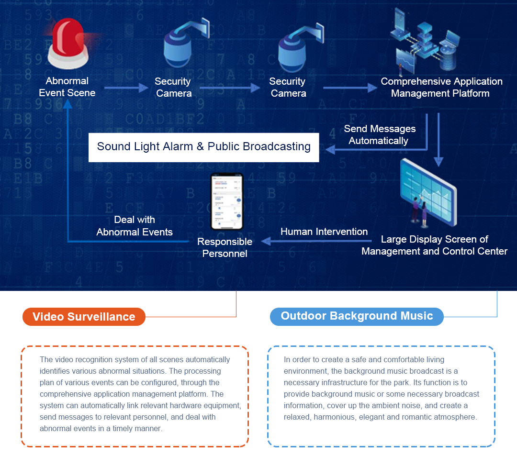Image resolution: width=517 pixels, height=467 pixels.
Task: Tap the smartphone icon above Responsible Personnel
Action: tap(227, 202)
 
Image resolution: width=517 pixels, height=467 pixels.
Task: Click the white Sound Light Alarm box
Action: tap(203, 147)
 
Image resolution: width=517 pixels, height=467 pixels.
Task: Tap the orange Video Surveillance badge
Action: tap(84, 317)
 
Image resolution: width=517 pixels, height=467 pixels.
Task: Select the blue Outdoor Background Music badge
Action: tap(357, 316)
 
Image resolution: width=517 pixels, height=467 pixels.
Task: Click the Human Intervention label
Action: tap(324, 232)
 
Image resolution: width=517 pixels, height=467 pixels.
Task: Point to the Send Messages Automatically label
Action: tap(379, 134)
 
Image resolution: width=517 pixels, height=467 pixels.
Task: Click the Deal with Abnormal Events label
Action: tap(135, 226)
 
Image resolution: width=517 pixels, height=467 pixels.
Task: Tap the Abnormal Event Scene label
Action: tap(67, 87)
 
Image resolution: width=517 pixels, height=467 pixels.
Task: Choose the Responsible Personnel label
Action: tap(225, 247)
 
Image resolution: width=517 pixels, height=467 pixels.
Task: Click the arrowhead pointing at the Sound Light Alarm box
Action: tap(330, 150)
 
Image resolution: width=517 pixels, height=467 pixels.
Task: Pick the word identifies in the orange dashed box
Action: tap(55, 371)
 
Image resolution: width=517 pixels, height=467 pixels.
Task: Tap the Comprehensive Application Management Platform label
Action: tap(441, 87)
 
